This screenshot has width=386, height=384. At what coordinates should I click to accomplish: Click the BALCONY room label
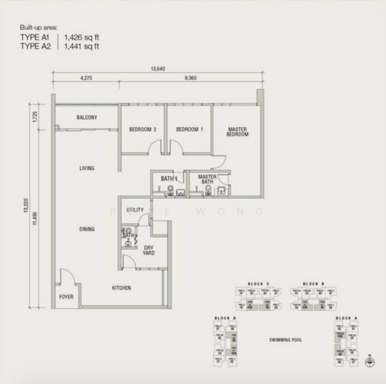(86, 118)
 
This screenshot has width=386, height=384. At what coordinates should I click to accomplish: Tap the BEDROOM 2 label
(142, 129)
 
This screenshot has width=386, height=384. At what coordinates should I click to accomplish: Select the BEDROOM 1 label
(189, 129)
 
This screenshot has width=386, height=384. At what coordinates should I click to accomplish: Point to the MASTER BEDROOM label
(237, 132)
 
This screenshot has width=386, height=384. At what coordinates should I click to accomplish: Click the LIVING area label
(87, 168)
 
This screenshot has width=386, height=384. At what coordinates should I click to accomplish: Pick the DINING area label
(87, 229)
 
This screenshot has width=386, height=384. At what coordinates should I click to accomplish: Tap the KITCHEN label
(122, 288)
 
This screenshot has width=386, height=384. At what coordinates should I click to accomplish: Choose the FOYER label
(66, 297)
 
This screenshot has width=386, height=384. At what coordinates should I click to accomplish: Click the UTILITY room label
(134, 210)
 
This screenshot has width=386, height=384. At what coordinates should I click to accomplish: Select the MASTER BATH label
(207, 179)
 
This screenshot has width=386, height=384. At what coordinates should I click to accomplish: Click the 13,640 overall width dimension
(157, 68)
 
